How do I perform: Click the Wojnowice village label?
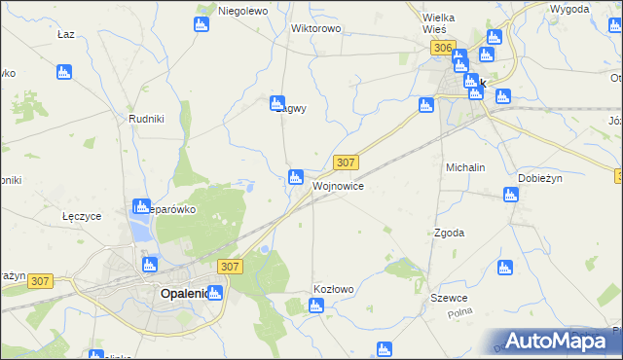tap(339, 185)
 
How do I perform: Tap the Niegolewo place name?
tap(242, 11)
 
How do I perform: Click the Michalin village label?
tap(465, 167)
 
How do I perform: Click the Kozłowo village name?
tap(333, 289)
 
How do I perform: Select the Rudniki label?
tap(145, 119)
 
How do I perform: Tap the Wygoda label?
tap(568, 9)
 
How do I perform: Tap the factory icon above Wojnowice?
tap(295, 176)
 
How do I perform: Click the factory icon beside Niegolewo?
tap(202, 23)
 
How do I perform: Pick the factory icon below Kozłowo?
tap(314, 306)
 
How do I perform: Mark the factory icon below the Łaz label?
tap(64, 71)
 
